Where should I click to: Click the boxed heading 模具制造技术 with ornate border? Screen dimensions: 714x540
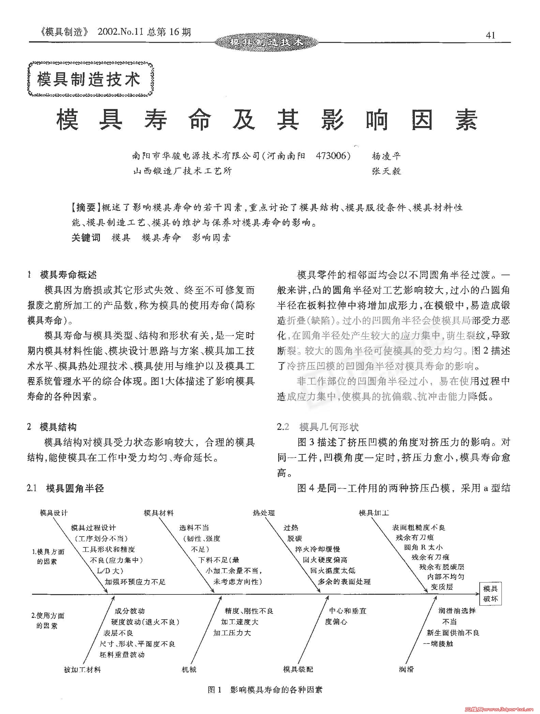(89, 79)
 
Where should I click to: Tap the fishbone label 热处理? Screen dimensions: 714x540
(264, 513)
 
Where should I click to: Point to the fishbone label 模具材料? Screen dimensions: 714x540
(159, 513)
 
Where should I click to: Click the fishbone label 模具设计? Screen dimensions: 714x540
(54, 513)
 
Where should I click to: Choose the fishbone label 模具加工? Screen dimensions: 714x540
(374, 513)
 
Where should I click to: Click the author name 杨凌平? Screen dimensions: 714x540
(386, 156)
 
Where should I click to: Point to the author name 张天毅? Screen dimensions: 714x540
(386, 171)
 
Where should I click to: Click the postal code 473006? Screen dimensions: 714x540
(333, 156)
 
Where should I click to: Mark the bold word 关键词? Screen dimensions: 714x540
(86, 237)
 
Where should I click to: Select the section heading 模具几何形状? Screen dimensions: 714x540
(329, 427)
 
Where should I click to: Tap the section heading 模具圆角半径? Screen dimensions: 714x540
(75, 488)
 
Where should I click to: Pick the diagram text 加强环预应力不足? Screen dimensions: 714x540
(135, 582)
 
